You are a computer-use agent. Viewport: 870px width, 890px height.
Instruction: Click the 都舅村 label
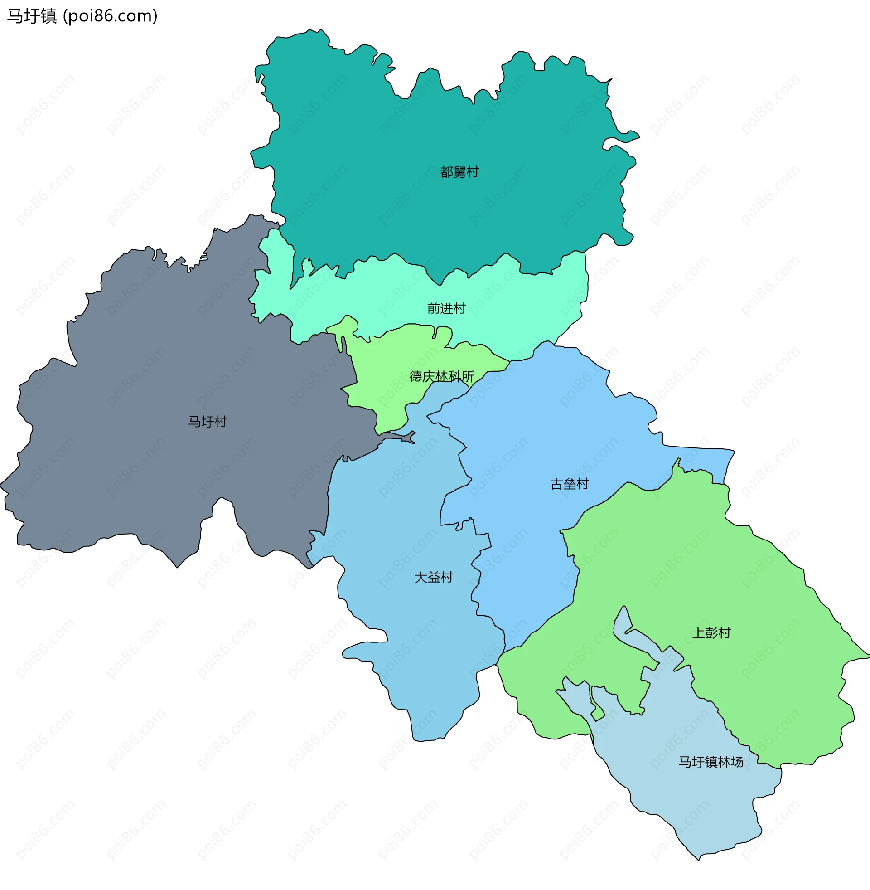point(459,172)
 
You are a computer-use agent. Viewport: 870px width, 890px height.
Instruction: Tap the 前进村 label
point(446,309)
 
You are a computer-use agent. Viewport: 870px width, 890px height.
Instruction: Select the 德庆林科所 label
point(441,376)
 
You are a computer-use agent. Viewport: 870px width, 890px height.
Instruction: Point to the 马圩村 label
point(208,422)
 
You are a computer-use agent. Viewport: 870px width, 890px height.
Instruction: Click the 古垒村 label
point(569,484)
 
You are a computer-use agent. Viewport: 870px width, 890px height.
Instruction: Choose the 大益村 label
point(433,577)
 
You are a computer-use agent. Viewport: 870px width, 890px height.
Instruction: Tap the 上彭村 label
point(711,633)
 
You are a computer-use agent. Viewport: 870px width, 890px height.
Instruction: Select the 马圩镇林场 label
point(710,762)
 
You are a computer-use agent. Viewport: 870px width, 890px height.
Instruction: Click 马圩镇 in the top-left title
point(32,16)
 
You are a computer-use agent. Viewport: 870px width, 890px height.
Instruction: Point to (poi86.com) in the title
point(110,16)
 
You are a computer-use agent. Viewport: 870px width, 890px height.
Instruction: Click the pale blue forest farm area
point(686,800)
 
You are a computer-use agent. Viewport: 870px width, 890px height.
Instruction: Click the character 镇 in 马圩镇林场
point(710,762)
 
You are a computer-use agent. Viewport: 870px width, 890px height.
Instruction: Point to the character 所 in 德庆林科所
point(468,376)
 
